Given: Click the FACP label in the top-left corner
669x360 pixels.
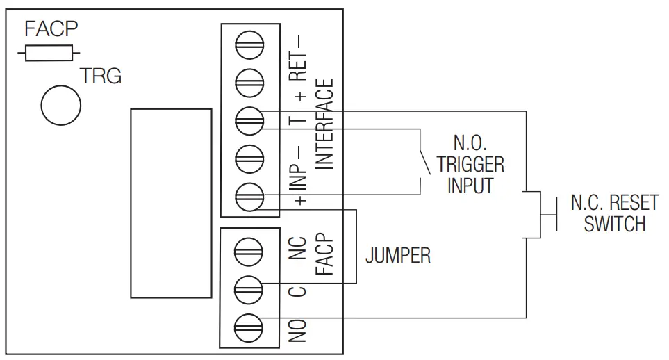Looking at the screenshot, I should pos(51,29).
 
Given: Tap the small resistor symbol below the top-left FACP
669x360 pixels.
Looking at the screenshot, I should pos(51,52).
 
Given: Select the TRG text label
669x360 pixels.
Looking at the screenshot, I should pos(101,76).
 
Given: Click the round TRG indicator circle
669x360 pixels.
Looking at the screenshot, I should pos(61,104).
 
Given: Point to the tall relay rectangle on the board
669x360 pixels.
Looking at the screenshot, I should pos(171,203).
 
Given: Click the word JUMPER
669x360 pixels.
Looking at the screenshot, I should pos(397,256).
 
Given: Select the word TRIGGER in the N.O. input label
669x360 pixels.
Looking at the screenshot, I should pos(470,165).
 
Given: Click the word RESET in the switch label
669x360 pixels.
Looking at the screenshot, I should pos(634,204).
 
